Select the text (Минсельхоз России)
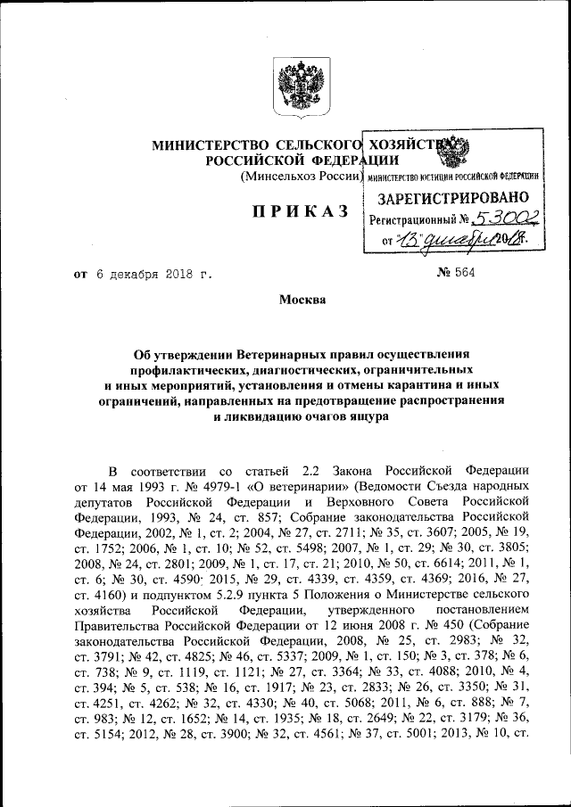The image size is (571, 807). pos(300,177)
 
